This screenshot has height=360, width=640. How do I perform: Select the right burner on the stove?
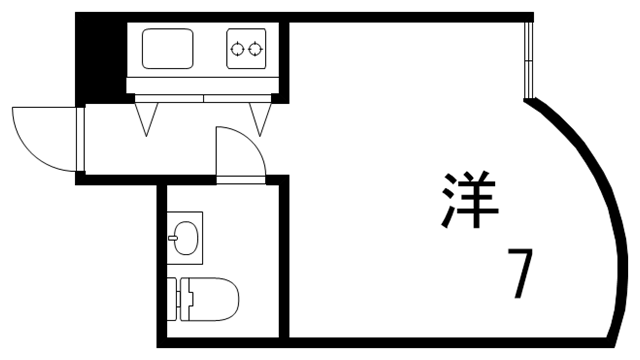[x=257, y=46]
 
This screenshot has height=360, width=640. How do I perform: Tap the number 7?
[x=519, y=275]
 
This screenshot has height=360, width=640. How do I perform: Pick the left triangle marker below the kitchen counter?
[x=148, y=119]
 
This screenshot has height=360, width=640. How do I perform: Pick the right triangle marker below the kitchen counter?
[x=263, y=119]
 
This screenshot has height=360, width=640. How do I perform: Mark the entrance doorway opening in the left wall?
[x=80, y=139]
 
